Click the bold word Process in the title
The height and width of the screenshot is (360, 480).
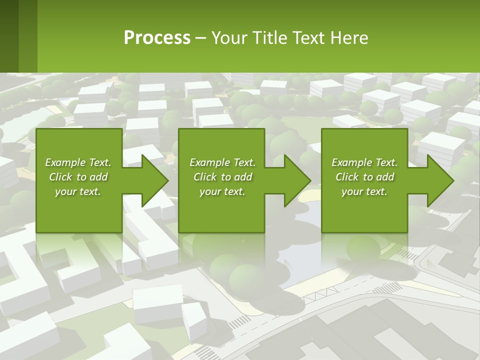[x=157, y=38]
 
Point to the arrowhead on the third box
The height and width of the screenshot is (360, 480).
[x=440, y=180]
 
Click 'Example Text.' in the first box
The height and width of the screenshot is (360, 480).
[x=78, y=162]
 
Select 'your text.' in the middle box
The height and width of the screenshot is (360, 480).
[x=222, y=191]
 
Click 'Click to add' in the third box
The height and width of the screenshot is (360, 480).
[x=364, y=177]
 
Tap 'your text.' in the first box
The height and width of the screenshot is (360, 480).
[x=78, y=191]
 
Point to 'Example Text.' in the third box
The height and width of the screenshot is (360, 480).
[x=364, y=162]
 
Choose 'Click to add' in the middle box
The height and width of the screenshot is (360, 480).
[x=222, y=177]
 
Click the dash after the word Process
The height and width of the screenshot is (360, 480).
[x=200, y=38]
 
